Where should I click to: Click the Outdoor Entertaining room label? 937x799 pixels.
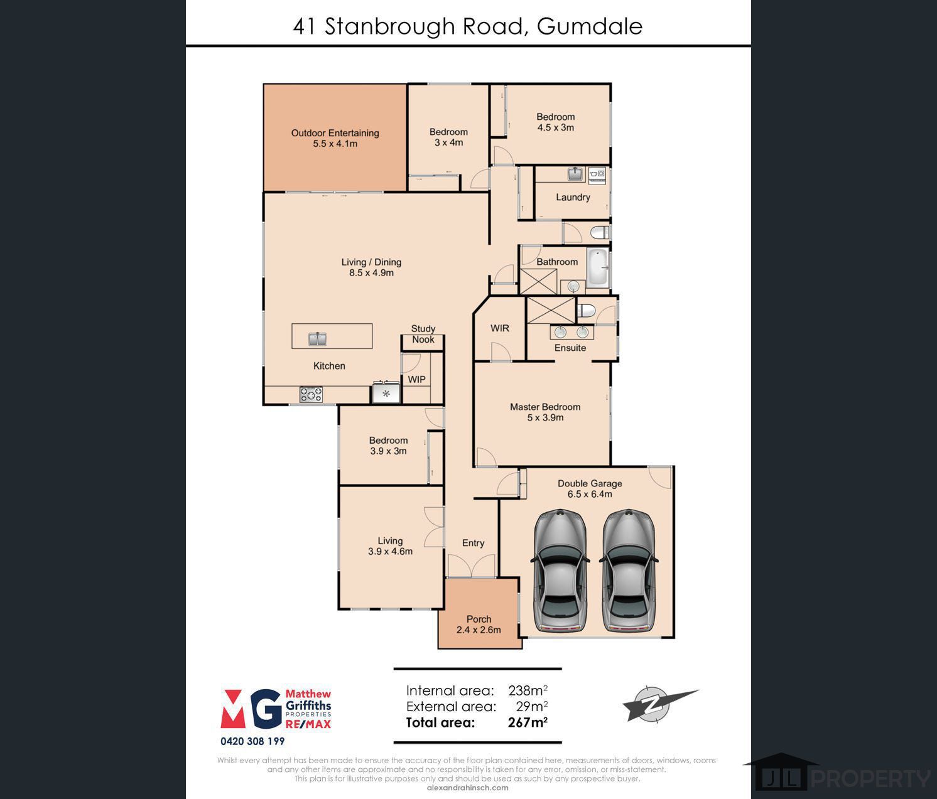point(335,133)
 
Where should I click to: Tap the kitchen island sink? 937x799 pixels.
point(317,339)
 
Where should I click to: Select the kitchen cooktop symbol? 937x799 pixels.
point(311,394)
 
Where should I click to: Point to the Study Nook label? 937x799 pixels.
point(423,334)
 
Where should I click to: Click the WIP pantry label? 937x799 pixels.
point(416,379)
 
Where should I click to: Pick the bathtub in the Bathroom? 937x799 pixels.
point(597,267)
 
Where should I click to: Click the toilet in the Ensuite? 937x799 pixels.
point(586,310)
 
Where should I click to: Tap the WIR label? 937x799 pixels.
point(500,328)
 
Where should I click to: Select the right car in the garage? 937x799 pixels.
point(628,571)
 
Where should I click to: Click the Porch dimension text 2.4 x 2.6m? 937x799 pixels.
point(479,630)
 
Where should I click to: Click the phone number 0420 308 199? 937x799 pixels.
point(252,741)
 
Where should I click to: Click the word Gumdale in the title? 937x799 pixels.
point(590,26)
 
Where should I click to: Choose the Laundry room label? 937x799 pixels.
point(573,197)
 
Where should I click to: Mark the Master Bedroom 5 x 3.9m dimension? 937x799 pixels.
point(545,417)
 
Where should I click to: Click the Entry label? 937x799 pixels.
point(474,543)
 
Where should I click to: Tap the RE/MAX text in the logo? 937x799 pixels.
point(308,724)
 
